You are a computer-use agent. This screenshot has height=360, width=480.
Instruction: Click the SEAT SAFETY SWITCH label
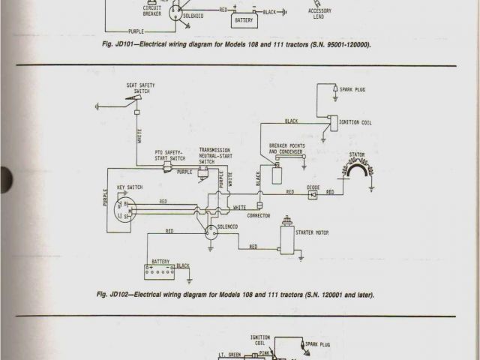[141, 88]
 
